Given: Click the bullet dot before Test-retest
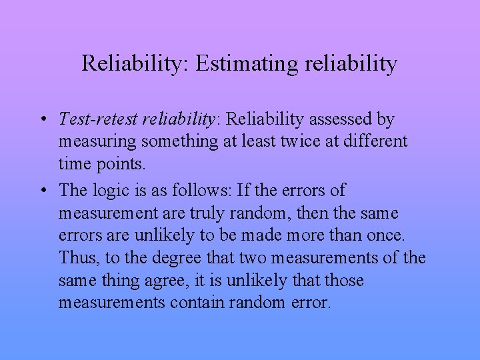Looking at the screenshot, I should (x=41, y=120).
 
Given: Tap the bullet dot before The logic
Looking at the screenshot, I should (x=41, y=191).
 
